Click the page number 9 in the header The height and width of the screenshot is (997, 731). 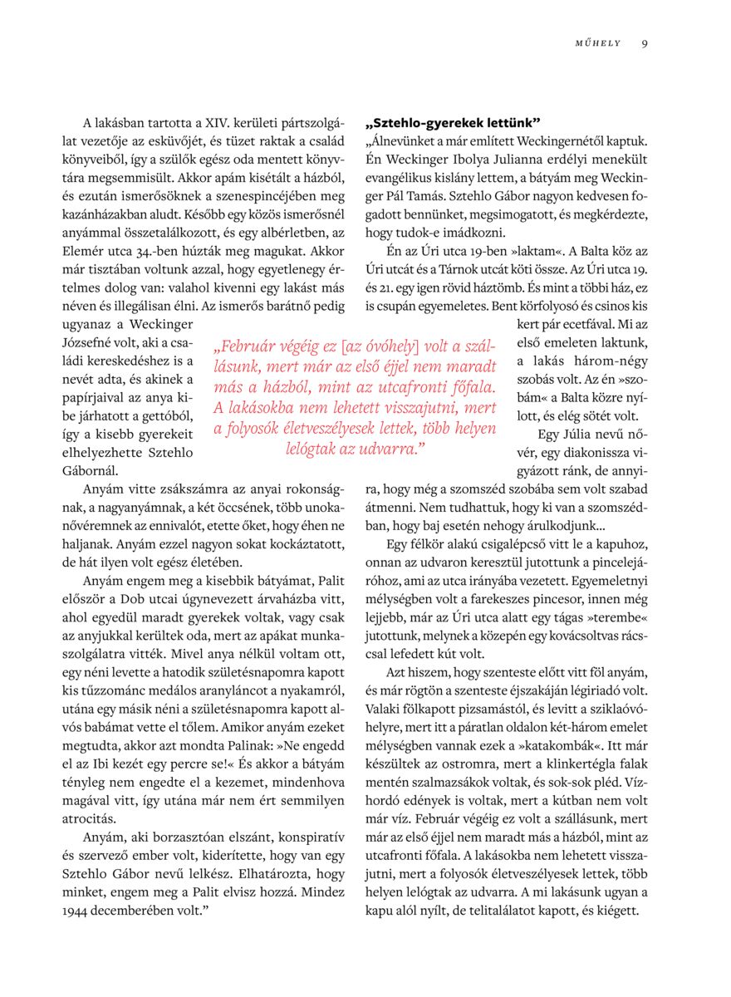[645, 43]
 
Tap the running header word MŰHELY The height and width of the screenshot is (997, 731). [598, 43]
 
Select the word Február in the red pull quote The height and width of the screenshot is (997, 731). [250, 347]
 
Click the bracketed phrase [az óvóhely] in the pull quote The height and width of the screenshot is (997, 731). [375, 347]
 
